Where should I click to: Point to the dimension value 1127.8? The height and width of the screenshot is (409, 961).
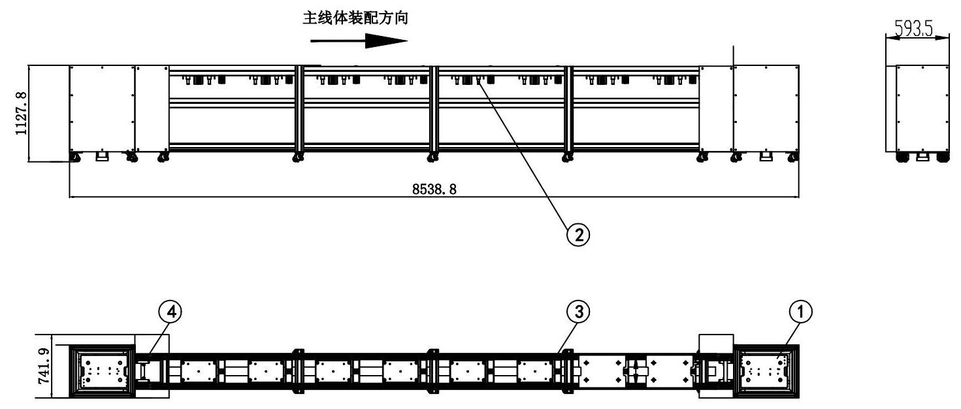tap(22, 113)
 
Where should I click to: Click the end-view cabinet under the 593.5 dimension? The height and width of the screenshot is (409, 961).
tap(921, 109)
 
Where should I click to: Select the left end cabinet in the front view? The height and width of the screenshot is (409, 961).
tap(102, 108)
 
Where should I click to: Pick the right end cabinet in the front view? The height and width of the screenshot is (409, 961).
tap(765, 108)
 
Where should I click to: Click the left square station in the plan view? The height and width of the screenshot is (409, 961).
tap(102, 370)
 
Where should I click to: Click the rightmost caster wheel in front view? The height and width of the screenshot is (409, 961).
tap(792, 157)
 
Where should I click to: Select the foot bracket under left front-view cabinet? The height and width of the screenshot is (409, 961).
tap(103, 157)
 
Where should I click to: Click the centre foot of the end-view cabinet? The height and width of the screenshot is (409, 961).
tap(921, 157)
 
